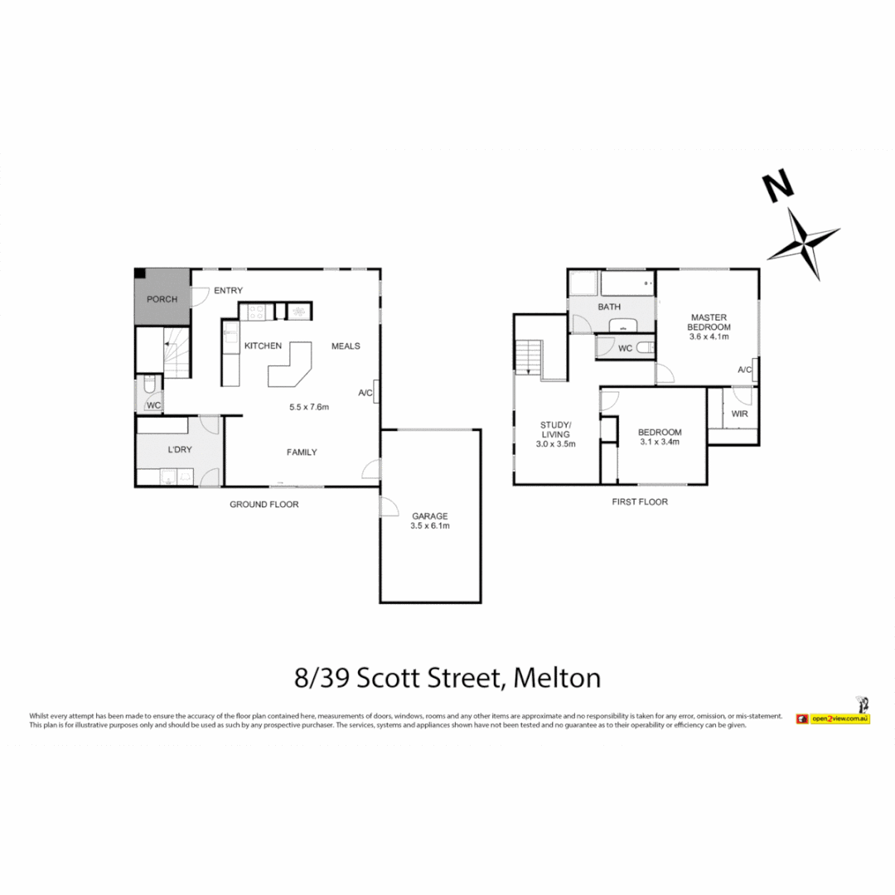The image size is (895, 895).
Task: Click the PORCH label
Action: tap(162, 299)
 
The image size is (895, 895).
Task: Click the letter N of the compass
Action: tap(776, 188)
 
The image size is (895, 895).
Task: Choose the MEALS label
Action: tap(346, 346)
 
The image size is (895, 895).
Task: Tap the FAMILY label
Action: tap(302, 452)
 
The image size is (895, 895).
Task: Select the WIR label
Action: tap(739, 412)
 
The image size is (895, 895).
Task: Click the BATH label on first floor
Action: tap(609, 307)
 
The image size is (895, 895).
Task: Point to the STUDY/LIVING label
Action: tap(555, 433)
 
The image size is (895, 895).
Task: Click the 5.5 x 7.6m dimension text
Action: tap(309, 407)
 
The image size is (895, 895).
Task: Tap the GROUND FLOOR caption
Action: tap(264, 504)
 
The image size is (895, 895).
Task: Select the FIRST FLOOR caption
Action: tap(639, 501)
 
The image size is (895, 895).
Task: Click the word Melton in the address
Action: tap(556, 678)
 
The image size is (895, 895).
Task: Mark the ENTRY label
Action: tap(228, 290)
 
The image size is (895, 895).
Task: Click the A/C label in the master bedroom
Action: tap(743, 370)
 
